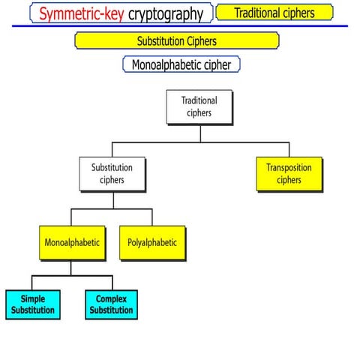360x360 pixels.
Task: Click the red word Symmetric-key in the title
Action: (x=82, y=13)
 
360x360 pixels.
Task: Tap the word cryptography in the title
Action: (x=166, y=13)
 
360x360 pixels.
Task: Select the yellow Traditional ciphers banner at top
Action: (x=274, y=13)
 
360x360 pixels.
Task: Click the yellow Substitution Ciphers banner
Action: (x=177, y=40)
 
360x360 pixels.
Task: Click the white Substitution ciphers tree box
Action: (x=112, y=174)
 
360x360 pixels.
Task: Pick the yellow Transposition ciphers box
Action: (x=289, y=174)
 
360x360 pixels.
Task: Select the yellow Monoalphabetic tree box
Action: (x=72, y=243)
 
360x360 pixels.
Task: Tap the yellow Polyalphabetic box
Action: (x=152, y=243)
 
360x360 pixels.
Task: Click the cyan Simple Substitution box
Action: (x=33, y=304)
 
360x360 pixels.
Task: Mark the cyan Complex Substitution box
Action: (x=111, y=304)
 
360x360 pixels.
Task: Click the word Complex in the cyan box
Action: (x=111, y=299)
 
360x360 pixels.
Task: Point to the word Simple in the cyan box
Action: (x=33, y=299)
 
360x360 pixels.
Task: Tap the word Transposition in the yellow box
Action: (x=289, y=168)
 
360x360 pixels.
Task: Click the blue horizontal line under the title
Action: (x=180, y=26)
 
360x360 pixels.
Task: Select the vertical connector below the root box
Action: (x=199, y=132)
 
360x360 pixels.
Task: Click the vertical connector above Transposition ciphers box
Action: (x=290, y=148)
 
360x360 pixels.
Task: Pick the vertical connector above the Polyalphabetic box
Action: (x=152, y=217)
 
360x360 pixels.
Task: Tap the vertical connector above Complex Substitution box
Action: (x=111, y=283)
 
